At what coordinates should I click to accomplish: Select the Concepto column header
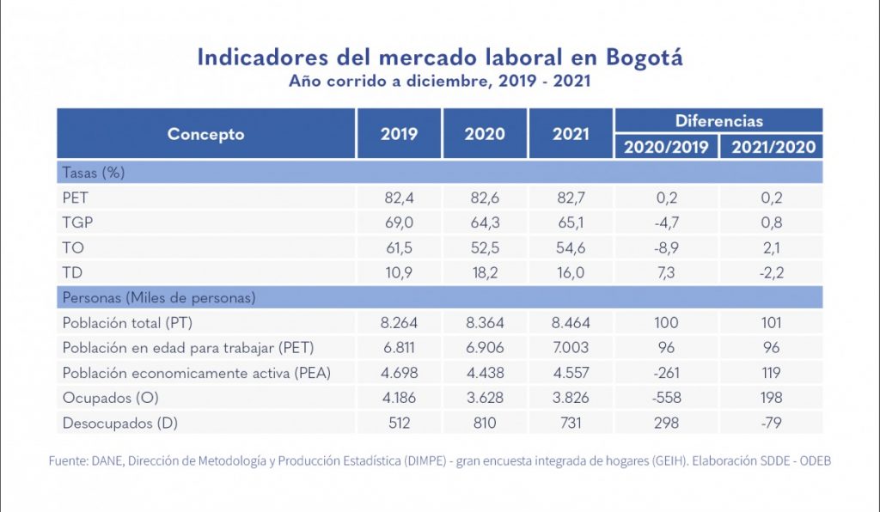(205, 134)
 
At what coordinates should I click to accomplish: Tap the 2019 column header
(399, 134)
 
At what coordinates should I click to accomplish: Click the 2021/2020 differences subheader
(773, 147)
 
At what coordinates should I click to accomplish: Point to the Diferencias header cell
(718, 121)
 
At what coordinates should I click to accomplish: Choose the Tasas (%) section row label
(94, 173)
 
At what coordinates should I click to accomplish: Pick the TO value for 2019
(399, 247)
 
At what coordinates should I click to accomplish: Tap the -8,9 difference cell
(665, 247)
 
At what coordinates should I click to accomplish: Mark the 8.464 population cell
(571, 323)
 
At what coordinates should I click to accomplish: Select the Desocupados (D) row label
(119, 423)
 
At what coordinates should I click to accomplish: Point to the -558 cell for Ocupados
(665, 398)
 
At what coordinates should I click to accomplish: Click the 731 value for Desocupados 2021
(571, 423)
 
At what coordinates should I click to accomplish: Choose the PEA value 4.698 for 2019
(399, 373)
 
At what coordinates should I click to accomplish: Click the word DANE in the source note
(110, 461)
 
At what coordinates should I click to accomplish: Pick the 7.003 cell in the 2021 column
(571, 348)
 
